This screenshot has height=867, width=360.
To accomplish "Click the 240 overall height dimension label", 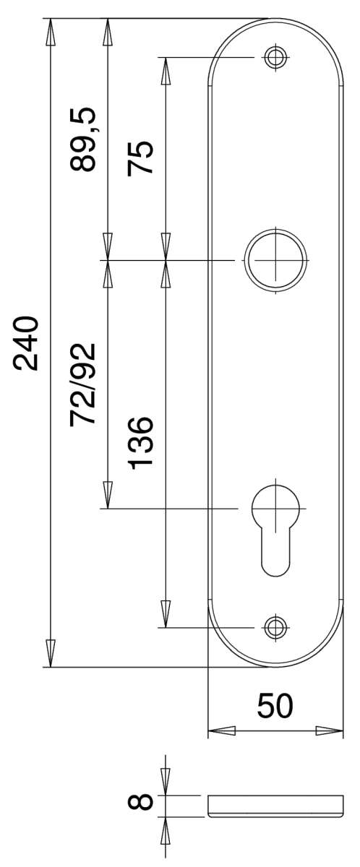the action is click(x=26, y=344).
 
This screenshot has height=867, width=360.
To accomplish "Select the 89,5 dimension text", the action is click(x=82, y=139).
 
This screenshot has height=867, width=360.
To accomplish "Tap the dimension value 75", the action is click(x=140, y=158).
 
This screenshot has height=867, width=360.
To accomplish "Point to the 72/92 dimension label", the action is click(x=82, y=384).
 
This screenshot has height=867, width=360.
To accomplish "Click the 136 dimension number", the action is click(x=140, y=443).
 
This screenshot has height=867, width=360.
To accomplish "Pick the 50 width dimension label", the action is click(x=275, y=706).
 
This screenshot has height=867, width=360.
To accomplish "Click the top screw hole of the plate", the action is click(x=275, y=57).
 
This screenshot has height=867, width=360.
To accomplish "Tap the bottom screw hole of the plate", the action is click(x=275, y=627).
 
